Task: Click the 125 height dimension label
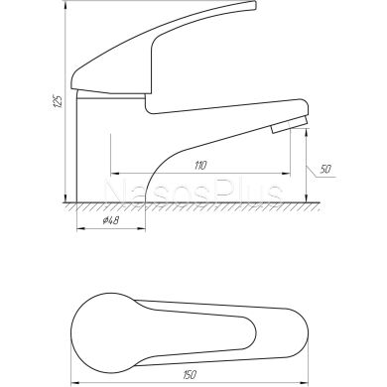coord(58,101)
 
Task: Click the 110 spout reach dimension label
coord(200,165)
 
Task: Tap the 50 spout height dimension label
coord(325,170)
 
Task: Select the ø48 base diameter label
coord(110,220)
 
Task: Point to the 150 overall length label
coord(190,374)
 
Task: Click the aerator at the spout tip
coord(290,124)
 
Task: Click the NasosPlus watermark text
coord(193,192)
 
